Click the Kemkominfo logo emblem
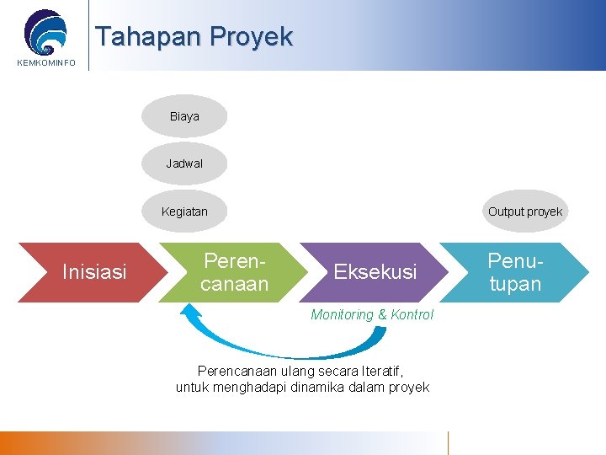tap(45, 31)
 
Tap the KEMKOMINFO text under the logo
tap(45, 63)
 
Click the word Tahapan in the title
tap(149, 37)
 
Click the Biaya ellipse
tap(184, 116)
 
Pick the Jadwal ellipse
tap(184, 163)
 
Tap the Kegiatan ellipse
tap(184, 211)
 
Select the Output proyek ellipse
tap(525, 211)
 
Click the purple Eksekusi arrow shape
tap(375, 271)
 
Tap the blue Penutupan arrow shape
tap(515, 271)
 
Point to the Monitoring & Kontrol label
tap(372, 314)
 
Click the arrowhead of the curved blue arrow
tap(191, 311)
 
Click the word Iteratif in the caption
tap(381, 371)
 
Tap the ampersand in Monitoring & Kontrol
tap(381, 314)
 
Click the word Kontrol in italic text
tap(412, 314)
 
